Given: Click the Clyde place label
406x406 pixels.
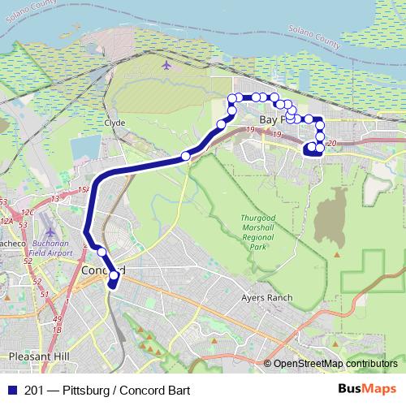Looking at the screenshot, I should click(114, 123).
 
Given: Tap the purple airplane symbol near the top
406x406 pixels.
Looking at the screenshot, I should click(166, 65).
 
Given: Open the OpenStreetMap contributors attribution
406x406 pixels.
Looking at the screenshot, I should click(335, 364).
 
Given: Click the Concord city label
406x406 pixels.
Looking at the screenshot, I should click(103, 270).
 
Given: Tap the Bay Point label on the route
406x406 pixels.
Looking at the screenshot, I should click(269, 120).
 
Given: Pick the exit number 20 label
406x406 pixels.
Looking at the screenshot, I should click(330, 143).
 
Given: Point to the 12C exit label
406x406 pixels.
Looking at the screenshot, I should click(27, 213).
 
